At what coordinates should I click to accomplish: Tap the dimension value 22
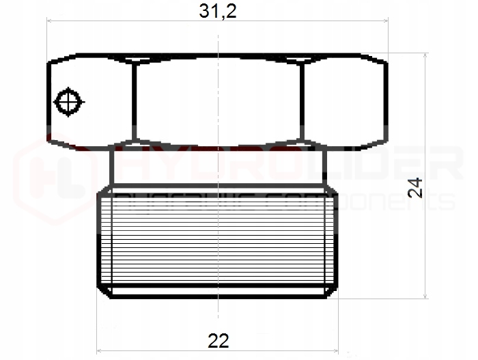(x=218, y=340)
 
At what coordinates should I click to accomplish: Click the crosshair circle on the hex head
(x=68, y=102)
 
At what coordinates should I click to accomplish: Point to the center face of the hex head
(x=218, y=102)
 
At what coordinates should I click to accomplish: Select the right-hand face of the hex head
(x=345, y=102)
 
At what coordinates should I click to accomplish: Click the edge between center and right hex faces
(x=303, y=102)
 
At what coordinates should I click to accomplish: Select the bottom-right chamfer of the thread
(x=331, y=290)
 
